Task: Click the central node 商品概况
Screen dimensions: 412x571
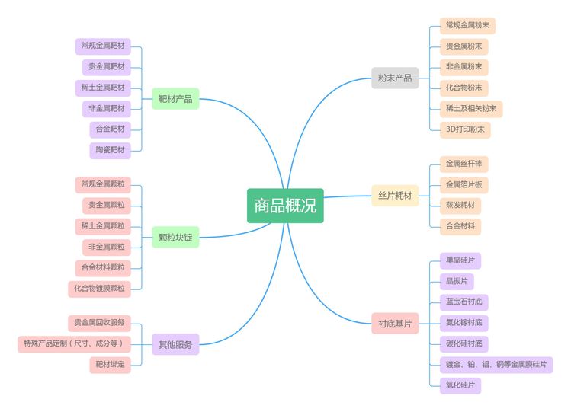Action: tap(285, 206)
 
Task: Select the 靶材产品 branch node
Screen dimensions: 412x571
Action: tap(175, 99)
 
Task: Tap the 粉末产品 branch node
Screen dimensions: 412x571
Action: tap(395, 78)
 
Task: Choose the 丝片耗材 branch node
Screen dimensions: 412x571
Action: tap(395, 196)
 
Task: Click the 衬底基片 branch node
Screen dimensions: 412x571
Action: tap(395, 324)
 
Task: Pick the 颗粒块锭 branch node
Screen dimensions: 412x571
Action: tap(175, 238)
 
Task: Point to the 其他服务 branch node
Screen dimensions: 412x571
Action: tap(175, 344)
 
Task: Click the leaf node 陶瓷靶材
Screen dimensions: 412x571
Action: tap(111, 150)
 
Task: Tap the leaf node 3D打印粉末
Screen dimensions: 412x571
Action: tap(465, 129)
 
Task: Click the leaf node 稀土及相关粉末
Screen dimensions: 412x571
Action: tap(471, 109)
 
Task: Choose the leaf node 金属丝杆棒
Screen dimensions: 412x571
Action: tap(464, 164)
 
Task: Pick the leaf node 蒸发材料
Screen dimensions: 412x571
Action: tap(460, 206)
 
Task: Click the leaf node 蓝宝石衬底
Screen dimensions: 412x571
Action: tap(464, 302)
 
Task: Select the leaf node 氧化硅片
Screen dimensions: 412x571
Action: tap(460, 385)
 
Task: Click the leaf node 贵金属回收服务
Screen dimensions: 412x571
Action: tap(100, 323)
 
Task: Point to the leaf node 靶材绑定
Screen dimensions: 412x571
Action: tap(111, 365)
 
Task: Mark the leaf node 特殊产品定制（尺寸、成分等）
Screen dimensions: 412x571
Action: tap(74, 344)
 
